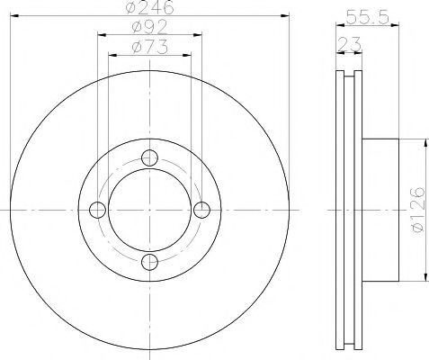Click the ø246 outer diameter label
pyautogui.click(x=149, y=7)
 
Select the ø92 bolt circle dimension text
pyautogui.click(x=149, y=27)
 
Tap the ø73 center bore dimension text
pyautogui.click(x=149, y=48)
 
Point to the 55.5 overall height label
pyautogui.click(x=367, y=17)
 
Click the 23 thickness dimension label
pyautogui.click(x=349, y=44)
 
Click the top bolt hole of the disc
pyautogui.click(x=149, y=157)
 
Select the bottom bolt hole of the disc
pyautogui.click(x=149, y=262)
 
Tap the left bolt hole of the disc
pyautogui.click(x=97, y=210)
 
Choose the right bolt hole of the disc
pyautogui.click(x=201, y=210)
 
